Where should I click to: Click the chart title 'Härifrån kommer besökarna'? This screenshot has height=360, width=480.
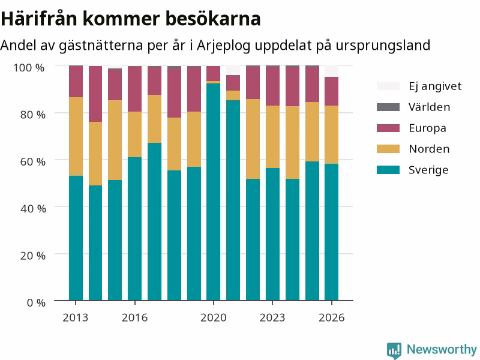[131, 19]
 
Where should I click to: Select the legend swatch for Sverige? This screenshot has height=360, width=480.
[388, 170]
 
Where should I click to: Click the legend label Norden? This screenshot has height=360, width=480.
[429, 149]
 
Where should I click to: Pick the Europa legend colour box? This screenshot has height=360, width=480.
[388, 128]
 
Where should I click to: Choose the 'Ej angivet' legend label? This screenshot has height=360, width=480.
[435, 86]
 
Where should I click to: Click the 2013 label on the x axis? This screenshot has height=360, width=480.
[76, 318]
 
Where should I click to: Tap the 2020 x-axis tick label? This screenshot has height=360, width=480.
[214, 318]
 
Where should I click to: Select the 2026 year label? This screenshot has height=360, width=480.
[332, 318]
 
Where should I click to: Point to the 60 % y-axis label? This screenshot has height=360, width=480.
[33, 161]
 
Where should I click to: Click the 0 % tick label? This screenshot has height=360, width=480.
[36, 303]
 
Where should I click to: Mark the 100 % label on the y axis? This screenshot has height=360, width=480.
[29, 68]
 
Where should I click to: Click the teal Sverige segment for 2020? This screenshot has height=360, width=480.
[214, 192]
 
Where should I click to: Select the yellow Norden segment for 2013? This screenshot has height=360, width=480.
[76, 137]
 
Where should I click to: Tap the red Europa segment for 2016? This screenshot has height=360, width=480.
[134, 89]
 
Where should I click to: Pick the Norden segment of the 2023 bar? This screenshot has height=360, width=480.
[272, 137]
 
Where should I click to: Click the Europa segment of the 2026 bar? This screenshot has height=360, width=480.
[332, 92]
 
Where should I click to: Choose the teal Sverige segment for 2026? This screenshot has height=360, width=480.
[332, 232]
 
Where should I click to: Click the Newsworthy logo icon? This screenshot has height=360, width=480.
[394, 350]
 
